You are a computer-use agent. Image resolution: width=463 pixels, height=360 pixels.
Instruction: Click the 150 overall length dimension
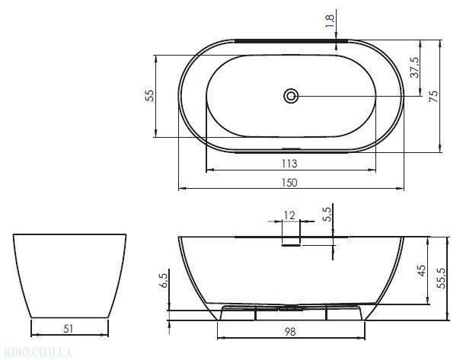[289, 183]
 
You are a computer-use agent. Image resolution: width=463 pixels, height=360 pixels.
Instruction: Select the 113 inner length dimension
[289, 164]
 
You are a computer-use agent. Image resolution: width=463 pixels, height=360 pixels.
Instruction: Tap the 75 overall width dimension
[433, 96]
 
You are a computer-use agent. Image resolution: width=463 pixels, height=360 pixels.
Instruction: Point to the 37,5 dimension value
[414, 67]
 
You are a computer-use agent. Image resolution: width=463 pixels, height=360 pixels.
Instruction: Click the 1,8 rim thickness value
[330, 21]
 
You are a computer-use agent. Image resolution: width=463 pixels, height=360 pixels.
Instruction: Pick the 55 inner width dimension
[150, 96]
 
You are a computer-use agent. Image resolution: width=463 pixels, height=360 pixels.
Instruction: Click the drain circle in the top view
[291, 96]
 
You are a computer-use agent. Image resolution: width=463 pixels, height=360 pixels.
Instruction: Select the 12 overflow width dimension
[289, 215]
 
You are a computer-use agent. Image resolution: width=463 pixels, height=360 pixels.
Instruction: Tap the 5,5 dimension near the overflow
[327, 215]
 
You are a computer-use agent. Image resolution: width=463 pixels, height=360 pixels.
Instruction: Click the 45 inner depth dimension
[422, 271]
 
